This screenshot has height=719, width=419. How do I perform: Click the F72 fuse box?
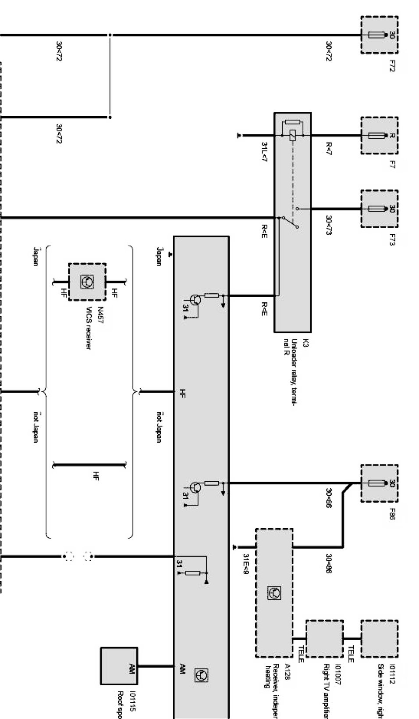tap(379, 35)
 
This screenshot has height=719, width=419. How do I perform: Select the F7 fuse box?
tap(379, 136)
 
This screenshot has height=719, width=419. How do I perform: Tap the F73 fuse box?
tap(379, 209)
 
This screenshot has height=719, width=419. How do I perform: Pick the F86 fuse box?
tap(379, 483)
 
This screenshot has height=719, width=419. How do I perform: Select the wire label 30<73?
tap(328, 225)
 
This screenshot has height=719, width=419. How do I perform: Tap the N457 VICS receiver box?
tap(87, 282)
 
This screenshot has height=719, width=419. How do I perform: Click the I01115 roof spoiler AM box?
tap(119, 666)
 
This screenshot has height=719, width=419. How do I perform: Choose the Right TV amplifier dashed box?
tap(324, 638)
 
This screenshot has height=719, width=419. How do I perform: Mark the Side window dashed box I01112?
tap(379, 638)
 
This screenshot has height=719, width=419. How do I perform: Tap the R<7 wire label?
tap(328, 148)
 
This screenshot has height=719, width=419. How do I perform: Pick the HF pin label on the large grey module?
tap(183, 393)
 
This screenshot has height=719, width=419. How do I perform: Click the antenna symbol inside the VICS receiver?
tap(87, 282)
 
